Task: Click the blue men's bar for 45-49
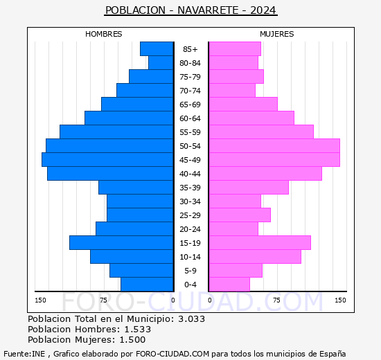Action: point(107,160)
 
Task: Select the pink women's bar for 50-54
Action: point(274,146)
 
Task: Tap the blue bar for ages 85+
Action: point(157,49)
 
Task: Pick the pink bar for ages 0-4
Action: point(229,285)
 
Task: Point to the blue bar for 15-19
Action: point(121,243)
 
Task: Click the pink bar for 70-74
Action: point(232,91)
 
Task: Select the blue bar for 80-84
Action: point(161,63)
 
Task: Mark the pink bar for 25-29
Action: point(240,215)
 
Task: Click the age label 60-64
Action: point(190,118)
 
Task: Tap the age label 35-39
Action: point(190,188)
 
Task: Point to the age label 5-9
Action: point(190,271)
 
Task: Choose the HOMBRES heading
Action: point(103,34)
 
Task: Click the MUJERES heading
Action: point(277,34)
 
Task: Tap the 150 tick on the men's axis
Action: point(40,300)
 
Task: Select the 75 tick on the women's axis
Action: point(276,300)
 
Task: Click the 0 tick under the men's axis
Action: point(172,300)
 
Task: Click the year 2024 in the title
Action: point(263,10)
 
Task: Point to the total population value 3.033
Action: point(191,318)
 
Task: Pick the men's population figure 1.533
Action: point(138,329)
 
